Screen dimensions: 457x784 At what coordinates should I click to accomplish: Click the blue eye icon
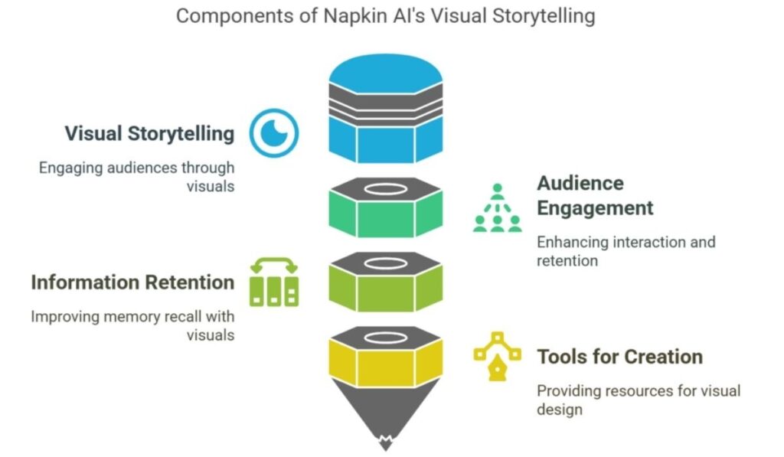274,132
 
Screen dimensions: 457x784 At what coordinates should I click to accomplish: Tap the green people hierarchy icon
497,208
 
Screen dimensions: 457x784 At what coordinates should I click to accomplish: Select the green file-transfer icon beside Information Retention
273,282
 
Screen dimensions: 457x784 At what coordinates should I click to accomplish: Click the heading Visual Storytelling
149,133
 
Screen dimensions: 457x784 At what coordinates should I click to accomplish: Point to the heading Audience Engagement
595,195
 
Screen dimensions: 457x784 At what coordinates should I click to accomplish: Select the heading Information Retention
132,282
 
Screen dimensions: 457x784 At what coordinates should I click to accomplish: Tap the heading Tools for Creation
619,357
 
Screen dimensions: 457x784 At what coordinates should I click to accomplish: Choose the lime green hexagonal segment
385,291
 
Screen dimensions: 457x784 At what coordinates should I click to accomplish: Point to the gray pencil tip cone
385,413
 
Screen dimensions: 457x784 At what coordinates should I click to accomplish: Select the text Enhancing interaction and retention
626,251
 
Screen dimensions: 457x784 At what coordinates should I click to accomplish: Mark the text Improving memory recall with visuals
132,325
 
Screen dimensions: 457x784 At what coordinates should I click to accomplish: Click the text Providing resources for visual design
638,400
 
